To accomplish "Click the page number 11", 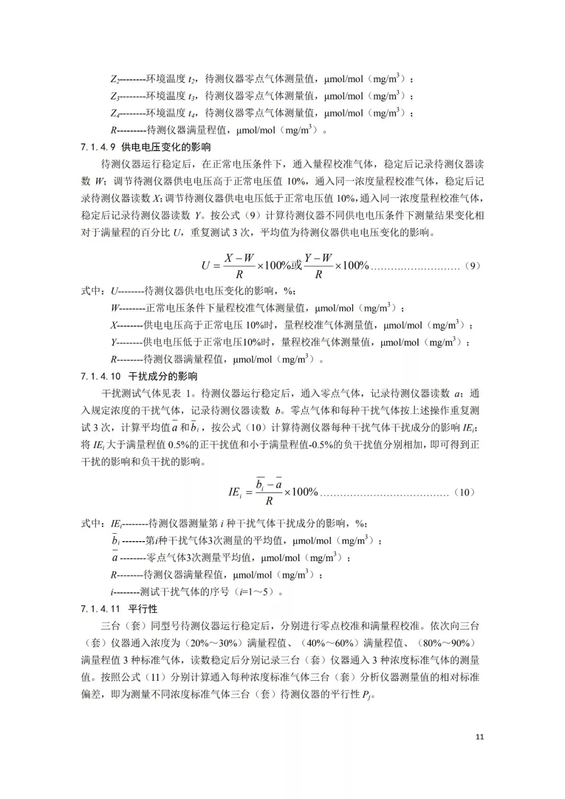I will pyautogui.click(x=480, y=737).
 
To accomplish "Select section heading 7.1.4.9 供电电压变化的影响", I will pyautogui.click(x=145, y=147).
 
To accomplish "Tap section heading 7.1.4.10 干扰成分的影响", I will pyautogui.click(x=139, y=376).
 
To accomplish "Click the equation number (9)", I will pyautogui.click(x=472, y=266).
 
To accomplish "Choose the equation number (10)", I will pyautogui.click(x=465, y=492).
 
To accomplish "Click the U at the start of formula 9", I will pyautogui.click(x=206, y=266).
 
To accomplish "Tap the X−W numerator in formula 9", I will pyautogui.click(x=239, y=258).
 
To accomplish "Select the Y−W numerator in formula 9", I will pyautogui.click(x=319, y=258).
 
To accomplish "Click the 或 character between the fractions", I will pyautogui.click(x=297, y=265).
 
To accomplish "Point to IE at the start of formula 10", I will pyautogui.click(x=234, y=492).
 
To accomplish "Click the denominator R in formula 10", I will pyautogui.click(x=269, y=501).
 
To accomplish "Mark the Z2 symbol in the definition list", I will pyautogui.click(x=115, y=80).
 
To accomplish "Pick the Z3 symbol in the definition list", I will pyautogui.click(x=115, y=96).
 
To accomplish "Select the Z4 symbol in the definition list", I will pyautogui.click(x=115, y=113).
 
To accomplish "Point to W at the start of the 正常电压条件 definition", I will pyautogui.click(x=115, y=309).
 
